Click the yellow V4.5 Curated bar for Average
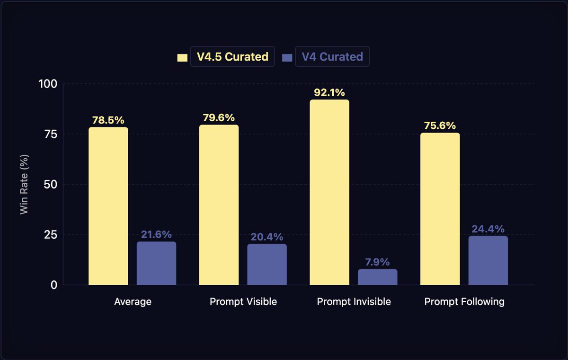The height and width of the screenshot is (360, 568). pos(108,206)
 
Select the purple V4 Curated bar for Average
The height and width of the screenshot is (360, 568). pos(156,263)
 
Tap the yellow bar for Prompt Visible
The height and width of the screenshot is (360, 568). pos(219,205)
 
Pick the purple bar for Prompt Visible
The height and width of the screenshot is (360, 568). pos(267,264)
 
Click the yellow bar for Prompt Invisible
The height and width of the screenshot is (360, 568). pos(329,192)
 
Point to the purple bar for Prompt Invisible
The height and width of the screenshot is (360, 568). pos(377,277)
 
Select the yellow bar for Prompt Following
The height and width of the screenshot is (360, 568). pos(440,209)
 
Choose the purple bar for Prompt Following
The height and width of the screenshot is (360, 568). pos(488,261)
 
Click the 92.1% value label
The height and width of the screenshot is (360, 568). pos(329,93)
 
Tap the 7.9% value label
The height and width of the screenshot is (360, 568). pos(377,262)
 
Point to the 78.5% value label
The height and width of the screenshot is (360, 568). pos(108,120)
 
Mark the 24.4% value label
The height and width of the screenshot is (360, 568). pos(488,229)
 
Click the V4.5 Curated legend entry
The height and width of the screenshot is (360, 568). pos(232,57)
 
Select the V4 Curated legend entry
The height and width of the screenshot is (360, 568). pos(331,57)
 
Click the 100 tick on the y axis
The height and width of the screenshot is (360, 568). pos(47,84)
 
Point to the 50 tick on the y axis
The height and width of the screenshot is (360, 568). pos(51,184)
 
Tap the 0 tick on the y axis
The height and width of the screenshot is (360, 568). pos(54,285)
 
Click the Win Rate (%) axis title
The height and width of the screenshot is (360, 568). pos(25,184)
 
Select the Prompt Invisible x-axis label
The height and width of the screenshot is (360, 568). pos(354,302)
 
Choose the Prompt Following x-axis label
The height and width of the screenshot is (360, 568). pos(464,302)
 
